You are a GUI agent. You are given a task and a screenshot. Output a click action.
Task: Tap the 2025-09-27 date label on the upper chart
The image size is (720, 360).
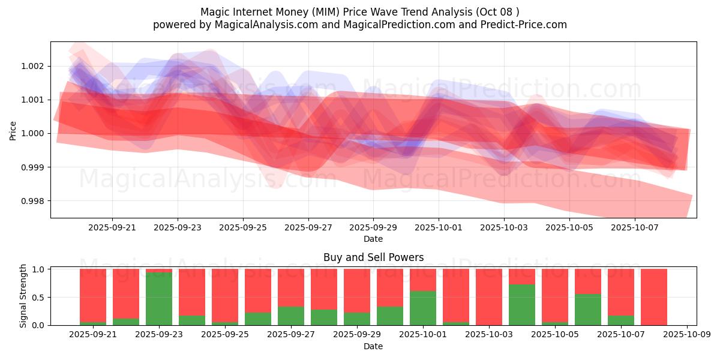point(308,228)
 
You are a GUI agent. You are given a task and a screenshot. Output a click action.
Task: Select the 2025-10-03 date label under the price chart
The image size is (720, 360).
point(504,228)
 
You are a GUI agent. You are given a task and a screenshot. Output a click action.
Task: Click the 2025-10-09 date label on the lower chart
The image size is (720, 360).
point(686,335)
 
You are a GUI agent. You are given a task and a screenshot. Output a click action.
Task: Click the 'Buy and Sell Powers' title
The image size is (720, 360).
point(373,257)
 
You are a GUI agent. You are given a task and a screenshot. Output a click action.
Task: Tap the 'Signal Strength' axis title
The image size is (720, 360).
point(23,296)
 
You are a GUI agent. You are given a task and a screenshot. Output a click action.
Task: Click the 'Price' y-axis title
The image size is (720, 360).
point(13,130)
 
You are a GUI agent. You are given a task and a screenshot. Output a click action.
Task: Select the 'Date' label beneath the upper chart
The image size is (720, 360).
point(373,239)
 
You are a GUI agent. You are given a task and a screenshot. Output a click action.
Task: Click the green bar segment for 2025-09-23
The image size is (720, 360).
point(159,299)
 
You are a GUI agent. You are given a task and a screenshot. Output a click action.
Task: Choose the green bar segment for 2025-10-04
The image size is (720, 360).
point(522,305)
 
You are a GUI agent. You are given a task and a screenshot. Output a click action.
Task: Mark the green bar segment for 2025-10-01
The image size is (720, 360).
point(423,308)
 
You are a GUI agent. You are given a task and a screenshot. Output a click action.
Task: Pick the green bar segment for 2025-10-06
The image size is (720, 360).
point(588,310)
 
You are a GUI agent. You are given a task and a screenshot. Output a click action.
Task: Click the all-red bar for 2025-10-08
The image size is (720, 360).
point(654,297)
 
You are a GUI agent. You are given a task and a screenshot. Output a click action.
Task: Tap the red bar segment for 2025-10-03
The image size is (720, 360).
point(489,296)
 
